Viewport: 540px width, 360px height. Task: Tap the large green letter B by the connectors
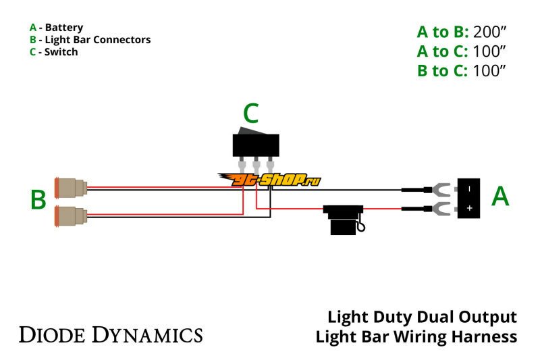[38, 200]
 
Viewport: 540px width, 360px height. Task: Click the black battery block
[469, 198]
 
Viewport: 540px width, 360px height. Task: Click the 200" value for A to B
[489, 32]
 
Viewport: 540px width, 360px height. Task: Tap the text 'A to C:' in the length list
[442, 51]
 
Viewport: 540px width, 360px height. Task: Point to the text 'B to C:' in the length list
[442, 71]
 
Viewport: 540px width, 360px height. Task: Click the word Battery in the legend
[63, 28]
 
